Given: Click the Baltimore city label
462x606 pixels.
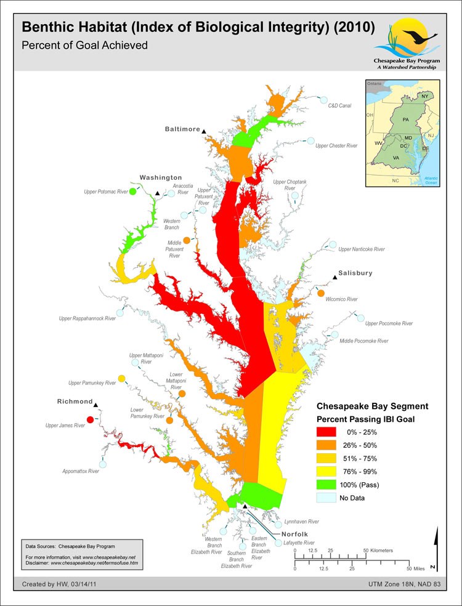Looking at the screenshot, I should [x=182, y=129].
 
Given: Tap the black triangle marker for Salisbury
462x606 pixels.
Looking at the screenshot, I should [x=335, y=278].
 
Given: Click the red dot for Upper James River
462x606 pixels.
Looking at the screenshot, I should [x=91, y=420].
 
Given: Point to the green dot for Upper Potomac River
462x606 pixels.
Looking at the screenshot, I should [x=132, y=192].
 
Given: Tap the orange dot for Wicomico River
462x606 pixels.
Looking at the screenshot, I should [x=321, y=293].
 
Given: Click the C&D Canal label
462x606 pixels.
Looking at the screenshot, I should [x=339, y=106].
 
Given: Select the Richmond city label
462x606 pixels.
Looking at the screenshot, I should [x=75, y=402].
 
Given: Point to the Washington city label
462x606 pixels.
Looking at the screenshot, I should [x=160, y=177].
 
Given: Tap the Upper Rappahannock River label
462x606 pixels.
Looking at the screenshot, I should [x=87, y=318].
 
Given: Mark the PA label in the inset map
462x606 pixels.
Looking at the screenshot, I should [x=405, y=118].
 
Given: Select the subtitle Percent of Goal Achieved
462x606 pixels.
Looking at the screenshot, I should [x=84, y=45].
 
